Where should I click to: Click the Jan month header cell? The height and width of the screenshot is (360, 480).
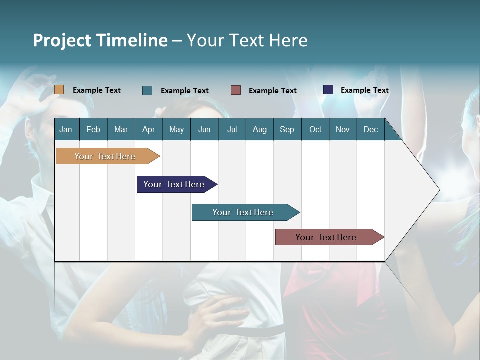coord(66,129)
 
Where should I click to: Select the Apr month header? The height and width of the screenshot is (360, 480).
coord(148,129)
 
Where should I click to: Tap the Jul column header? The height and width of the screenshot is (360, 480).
coord(232,129)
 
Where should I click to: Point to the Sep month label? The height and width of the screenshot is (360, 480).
coord(287,129)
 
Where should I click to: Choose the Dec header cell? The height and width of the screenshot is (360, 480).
coord(370,129)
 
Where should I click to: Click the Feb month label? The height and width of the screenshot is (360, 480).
coord(93,129)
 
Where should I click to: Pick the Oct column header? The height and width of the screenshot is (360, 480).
coord(315,129)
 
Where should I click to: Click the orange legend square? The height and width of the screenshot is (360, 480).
coord(59,90)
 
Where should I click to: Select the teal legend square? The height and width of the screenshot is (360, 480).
coord(147,90)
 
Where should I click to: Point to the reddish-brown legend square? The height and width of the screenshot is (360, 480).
coord(236,90)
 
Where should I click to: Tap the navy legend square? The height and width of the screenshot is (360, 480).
coord(328,90)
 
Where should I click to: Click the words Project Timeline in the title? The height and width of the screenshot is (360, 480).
coord(100,40)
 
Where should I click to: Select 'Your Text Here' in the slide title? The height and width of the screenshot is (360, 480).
coord(247,40)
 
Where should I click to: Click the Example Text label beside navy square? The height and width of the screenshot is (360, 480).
coord(364,90)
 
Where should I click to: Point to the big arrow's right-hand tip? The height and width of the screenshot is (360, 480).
coord(438,190)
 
